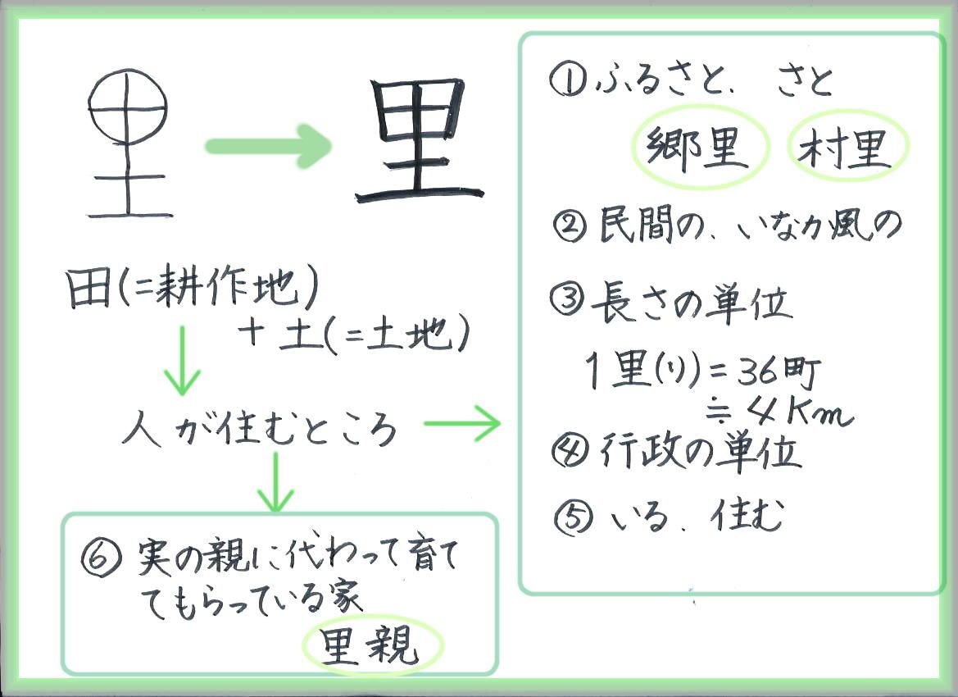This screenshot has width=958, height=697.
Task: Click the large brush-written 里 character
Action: (419, 140)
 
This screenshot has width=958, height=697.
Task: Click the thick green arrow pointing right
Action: (268, 146)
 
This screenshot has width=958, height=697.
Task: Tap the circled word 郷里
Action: (697, 147)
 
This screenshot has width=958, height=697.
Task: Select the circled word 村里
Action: (848, 147)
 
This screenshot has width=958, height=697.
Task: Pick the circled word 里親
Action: (371, 645)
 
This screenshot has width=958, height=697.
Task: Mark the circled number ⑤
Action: (573, 518)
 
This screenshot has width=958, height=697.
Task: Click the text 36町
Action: (779, 371)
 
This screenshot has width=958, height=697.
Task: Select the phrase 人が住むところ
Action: (261, 428)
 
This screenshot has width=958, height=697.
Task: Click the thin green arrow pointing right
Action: (462, 422)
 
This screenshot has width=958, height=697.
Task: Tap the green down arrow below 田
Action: (182, 361)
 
